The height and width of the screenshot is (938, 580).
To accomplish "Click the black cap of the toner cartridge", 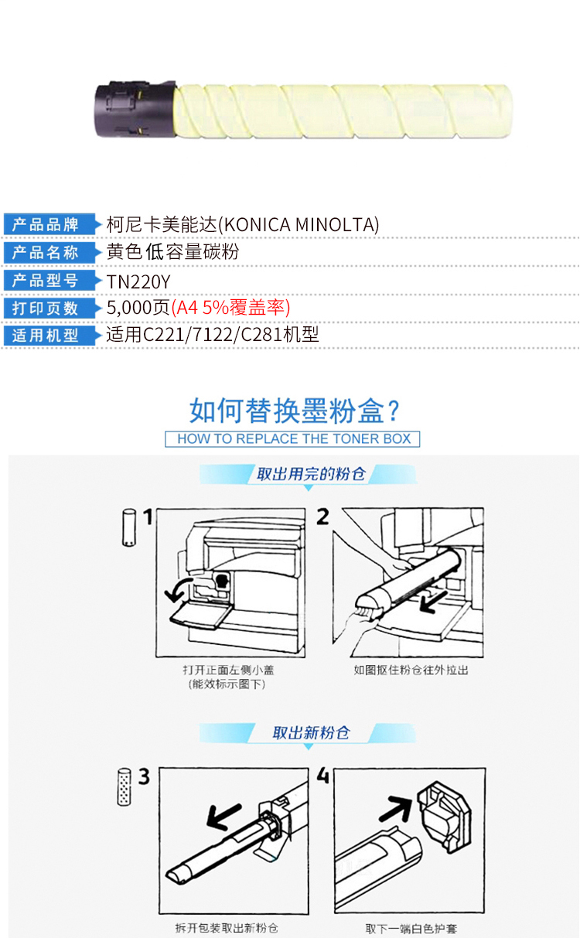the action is (135, 109).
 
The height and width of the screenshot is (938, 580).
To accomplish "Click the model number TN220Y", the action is (138, 281).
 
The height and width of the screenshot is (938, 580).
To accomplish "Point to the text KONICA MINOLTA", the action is (300, 224).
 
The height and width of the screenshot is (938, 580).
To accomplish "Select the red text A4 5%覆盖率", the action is (230, 308).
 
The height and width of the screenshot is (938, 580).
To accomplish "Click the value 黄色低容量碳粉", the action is (172, 252).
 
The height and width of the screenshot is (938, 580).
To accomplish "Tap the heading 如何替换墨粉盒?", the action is (295, 411).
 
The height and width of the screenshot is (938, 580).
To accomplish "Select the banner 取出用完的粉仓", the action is (311, 474).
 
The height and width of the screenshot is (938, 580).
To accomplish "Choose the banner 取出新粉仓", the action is (311, 733).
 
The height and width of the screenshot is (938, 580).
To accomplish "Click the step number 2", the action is (322, 517).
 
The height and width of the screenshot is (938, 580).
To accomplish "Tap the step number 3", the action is (144, 776).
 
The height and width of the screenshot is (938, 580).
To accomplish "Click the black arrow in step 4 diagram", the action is (396, 807).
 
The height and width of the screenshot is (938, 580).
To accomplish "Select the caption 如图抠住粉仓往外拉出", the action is (411, 670).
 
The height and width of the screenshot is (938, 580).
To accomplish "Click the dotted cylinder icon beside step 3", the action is (124, 786).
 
